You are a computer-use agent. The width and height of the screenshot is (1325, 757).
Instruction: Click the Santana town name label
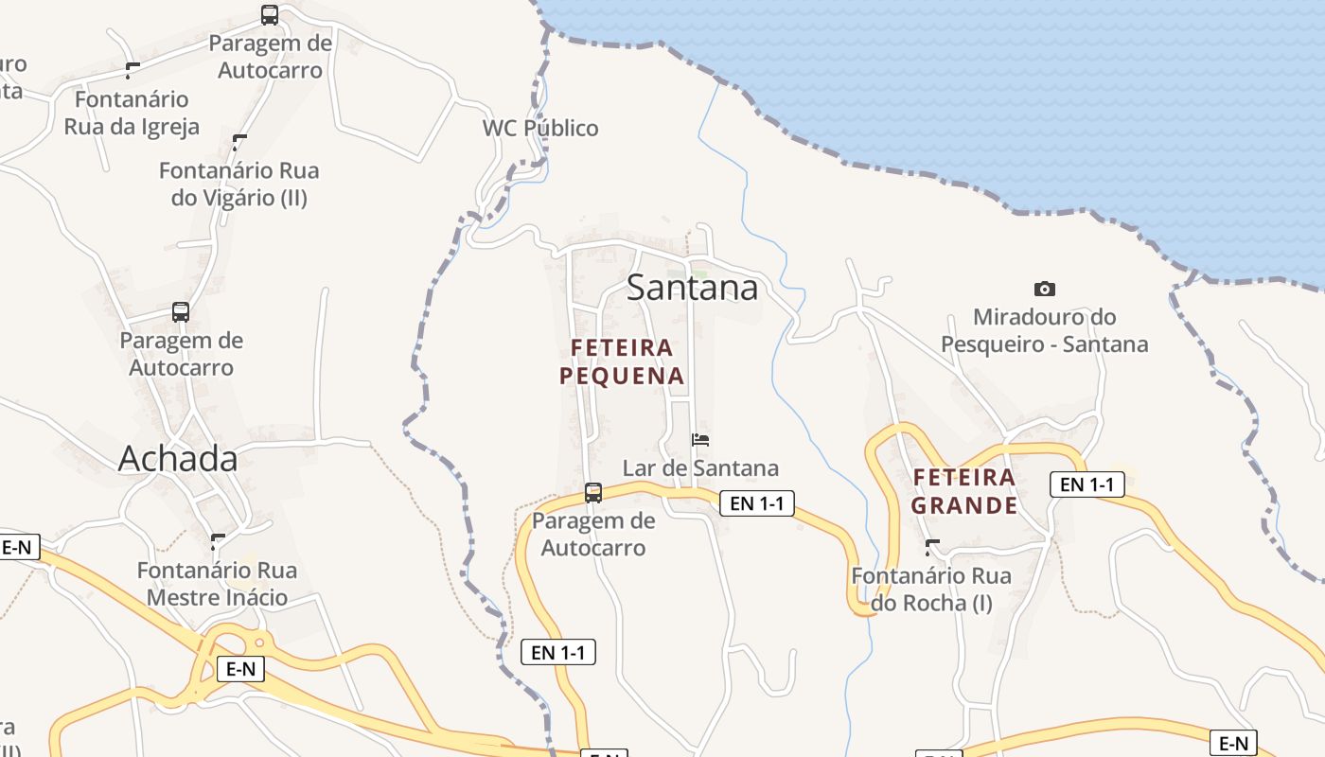coord(692,288)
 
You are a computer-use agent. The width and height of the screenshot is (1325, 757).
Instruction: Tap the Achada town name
coord(178,459)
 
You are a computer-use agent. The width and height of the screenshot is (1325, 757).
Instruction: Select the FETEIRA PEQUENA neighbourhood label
coord(622,362)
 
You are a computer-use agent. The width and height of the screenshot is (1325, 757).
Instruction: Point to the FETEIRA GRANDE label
coord(964,491)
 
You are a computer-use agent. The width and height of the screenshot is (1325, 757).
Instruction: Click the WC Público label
coord(540,129)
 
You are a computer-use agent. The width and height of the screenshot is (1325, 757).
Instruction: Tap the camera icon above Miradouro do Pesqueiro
coord(1045,289)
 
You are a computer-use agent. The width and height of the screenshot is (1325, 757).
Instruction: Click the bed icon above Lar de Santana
coord(700,439)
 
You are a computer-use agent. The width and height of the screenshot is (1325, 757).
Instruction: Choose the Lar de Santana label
coord(700,468)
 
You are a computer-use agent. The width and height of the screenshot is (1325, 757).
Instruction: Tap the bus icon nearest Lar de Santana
coord(593,493)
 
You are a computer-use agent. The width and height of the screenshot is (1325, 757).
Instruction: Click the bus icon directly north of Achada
coord(180,311)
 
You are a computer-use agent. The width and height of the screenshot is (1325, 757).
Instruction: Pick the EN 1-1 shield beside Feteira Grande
coord(1087,484)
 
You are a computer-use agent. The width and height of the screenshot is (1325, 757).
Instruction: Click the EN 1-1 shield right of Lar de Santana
coord(757,503)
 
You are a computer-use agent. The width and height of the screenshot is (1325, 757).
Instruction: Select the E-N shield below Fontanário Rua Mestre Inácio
coord(240,669)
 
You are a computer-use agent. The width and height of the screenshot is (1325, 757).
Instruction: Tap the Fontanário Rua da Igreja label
coord(132,113)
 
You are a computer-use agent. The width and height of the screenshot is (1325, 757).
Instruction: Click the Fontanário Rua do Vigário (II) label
coord(239,185)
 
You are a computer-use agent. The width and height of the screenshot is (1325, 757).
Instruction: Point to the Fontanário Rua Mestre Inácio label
coord(217,584)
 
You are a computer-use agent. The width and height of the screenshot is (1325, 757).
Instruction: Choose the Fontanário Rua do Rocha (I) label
coord(931,589)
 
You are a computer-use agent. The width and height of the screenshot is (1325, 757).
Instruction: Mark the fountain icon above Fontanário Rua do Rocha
coord(932,547)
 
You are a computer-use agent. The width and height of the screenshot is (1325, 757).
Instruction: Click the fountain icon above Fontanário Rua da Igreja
coord(132,70)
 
